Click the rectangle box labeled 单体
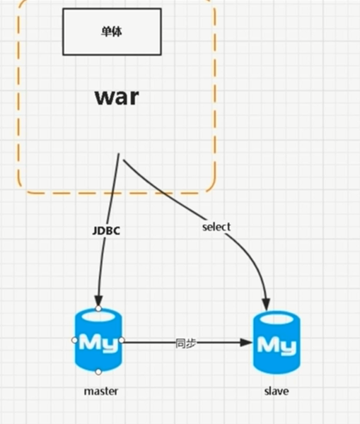point(112,32)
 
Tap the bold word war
point(117,97)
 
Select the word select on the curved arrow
point(216,227)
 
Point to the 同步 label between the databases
point(186,342)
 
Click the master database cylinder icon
point(98,340)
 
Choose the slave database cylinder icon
point(277,343)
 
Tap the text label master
point(100,391)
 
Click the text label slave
point(277,391)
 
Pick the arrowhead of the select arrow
point(267,304)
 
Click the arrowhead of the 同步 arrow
point(247,342)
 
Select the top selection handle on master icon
point(98,309)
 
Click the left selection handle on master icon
point(74,340)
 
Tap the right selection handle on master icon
point(122,340)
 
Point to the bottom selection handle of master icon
point(98,372)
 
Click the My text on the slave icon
point(277,345)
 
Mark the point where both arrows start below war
point(120,155)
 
